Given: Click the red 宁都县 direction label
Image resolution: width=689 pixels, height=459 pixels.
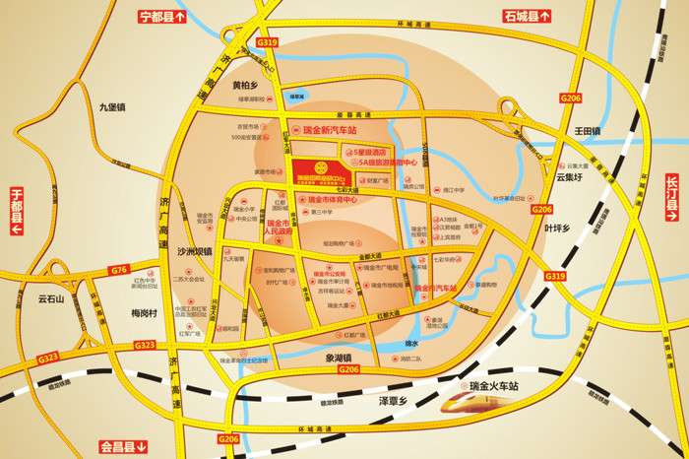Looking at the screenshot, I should pyautogui.click(x=157, y=17).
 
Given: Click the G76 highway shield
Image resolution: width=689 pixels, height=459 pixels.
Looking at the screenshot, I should pyautogui.click(x=120, y=269).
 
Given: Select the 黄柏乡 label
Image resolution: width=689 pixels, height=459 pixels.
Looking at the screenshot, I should pyautogui.click(x=245, y=86).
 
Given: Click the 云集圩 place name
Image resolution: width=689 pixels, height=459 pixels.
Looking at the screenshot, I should pyautogui.click(x=571, y=178).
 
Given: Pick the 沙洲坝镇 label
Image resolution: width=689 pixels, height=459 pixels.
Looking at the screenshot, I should pyautogui.click(x=195, y=252).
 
